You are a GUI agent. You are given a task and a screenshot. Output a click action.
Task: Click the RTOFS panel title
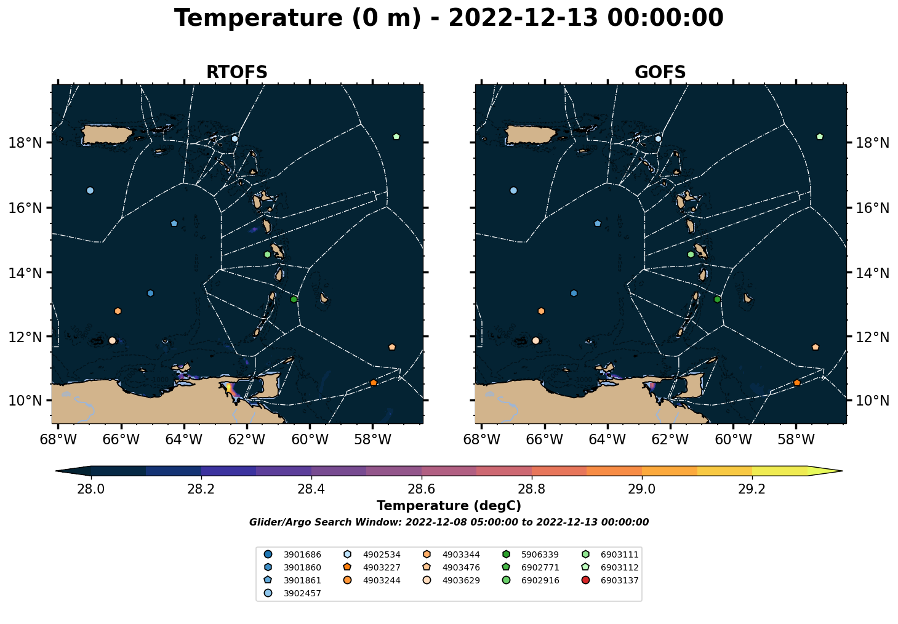[x=236, y=73]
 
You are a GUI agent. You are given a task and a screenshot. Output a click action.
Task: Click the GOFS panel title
[x=660, y=73]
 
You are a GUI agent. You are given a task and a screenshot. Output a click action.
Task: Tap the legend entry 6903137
[x=611, y=580]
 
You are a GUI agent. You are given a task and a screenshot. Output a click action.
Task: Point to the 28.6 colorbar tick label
[x=422, y=489]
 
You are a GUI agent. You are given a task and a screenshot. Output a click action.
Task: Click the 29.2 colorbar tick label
[x=752, y=489]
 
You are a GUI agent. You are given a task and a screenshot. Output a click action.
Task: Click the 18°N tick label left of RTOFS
[x=25, y=143]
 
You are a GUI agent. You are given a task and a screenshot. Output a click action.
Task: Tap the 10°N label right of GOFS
[x=872, y=401]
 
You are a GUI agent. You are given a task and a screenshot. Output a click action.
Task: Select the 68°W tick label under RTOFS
[x=58, y=439]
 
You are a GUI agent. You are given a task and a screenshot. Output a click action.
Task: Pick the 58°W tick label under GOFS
[x=796, y=439]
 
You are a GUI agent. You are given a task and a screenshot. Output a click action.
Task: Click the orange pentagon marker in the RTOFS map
[x=374, y=383]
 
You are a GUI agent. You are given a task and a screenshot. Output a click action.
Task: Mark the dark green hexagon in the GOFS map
[x=717, y=299]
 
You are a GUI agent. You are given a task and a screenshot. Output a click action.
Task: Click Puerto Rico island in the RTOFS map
[x=106, y=134]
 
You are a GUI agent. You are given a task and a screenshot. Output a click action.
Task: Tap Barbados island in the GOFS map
[x=747, y=298]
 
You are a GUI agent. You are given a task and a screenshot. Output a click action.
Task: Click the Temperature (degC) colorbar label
[x=449, y=506]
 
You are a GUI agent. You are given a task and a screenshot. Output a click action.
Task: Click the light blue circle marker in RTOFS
[x=90, y=190]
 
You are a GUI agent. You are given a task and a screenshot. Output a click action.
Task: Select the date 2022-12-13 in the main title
[x=523, y=18]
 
